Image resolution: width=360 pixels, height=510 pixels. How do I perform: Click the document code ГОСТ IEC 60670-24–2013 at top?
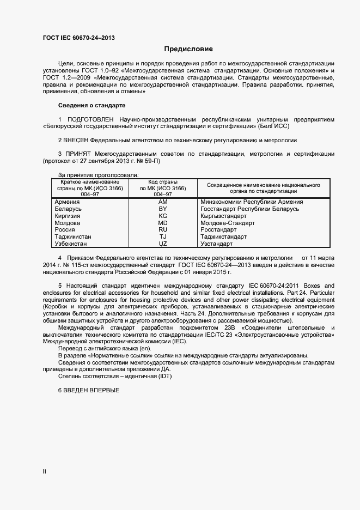[78, 38]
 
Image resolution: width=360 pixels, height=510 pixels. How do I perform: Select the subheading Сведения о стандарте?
[91, 105]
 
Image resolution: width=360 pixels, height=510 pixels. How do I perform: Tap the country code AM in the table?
[162, 202]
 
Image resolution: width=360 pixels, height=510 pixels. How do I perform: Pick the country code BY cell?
[162, 209]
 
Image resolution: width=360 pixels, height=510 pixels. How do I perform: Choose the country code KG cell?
[162, 216]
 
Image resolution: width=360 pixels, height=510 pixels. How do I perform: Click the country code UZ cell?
[162, 244]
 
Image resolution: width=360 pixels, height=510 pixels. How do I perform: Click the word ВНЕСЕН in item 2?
[76, 140]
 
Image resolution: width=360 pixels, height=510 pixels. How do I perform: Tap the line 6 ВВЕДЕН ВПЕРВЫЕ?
[88, 391]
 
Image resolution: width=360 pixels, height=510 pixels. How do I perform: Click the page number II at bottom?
[45, 471]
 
